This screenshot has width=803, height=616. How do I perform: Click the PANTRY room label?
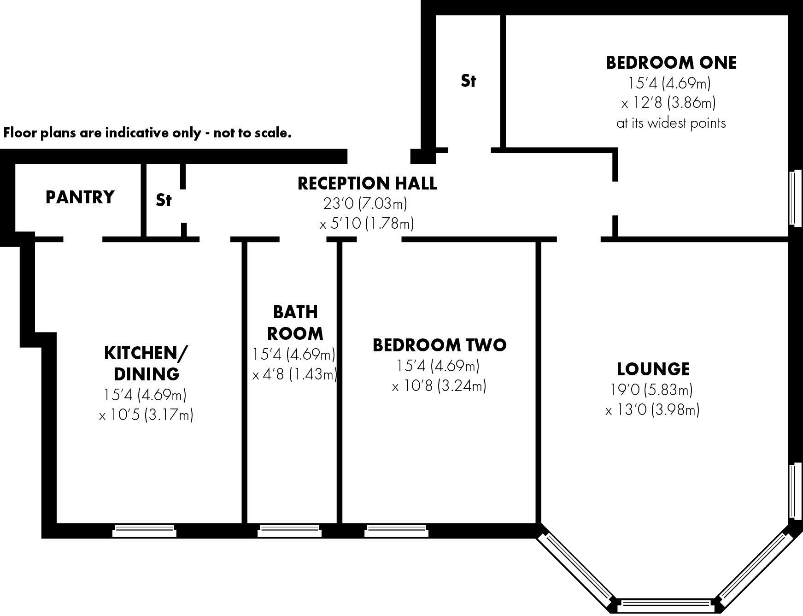tap(80, 197)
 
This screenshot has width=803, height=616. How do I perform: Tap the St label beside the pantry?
tap(164, 200)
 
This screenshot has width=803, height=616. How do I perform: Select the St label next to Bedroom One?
tap(468, 81)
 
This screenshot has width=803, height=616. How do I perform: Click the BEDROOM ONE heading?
tap(671, 62)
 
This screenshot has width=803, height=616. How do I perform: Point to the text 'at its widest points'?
tap(671, 123)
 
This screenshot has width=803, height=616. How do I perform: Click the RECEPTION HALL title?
tap(367, 183)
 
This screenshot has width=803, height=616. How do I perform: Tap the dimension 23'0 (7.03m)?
tap(365, 203)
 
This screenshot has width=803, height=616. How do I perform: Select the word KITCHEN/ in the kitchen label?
tap(146, 353)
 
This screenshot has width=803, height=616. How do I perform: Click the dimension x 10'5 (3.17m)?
tap(146, 415)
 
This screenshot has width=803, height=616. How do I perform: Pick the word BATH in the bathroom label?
tap(295, 312)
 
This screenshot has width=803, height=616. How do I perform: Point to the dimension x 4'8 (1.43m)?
tap(295, 374)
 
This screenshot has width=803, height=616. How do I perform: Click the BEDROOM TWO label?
tap(439, 345)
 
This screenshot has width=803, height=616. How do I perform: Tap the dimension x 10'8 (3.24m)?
tap(439, 385)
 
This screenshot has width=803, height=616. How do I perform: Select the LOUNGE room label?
tap(653, 369)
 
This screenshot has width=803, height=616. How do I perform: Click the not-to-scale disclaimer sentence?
tap(147, 133)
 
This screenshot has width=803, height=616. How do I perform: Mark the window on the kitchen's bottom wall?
tap(145, 531)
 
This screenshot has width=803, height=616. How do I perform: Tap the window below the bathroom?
tap(289, 531)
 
